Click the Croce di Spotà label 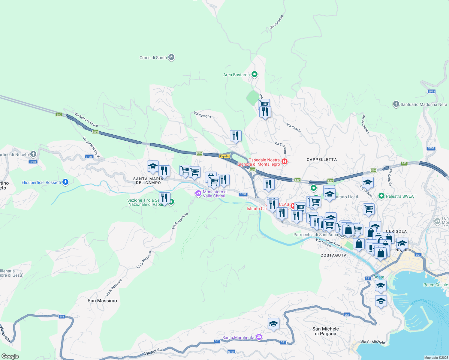click(x=153, y=58)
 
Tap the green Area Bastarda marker click(x=255, y=74)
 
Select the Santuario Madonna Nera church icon click(x=396, y=104)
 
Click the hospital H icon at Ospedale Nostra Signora click(x=285, y=162)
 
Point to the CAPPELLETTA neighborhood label click(x=322, y=160)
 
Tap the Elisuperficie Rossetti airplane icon click(x=65, y=182)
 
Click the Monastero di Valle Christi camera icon click(x=198, y=193)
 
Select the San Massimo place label click(x=102, y=301)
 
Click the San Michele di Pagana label click(x=326, y=331)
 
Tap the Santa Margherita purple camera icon click(x=259, y=337)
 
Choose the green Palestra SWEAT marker click(x=381, y=196)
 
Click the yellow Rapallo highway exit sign click(x=224, y=156)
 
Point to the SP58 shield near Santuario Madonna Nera click(x=432, y=91)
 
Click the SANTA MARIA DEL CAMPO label click(x=148, y=181)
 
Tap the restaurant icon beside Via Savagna click(x=236, y=136)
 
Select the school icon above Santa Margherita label click(x=273, y=324)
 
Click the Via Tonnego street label click(x=276, y=22)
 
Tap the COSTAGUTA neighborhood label click(x=333, y=255)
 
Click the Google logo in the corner click(x=10, y=356)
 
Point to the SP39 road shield click(x=231, y=352)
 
